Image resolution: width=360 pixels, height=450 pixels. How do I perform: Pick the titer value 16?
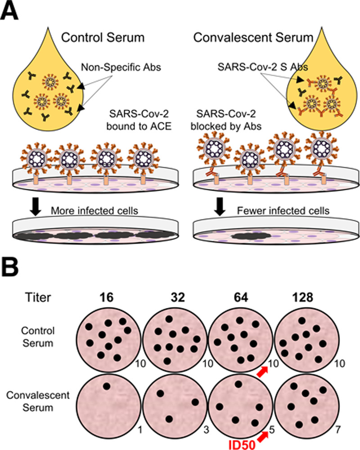106,297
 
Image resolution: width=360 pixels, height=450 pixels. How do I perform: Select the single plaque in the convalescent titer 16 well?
106,386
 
